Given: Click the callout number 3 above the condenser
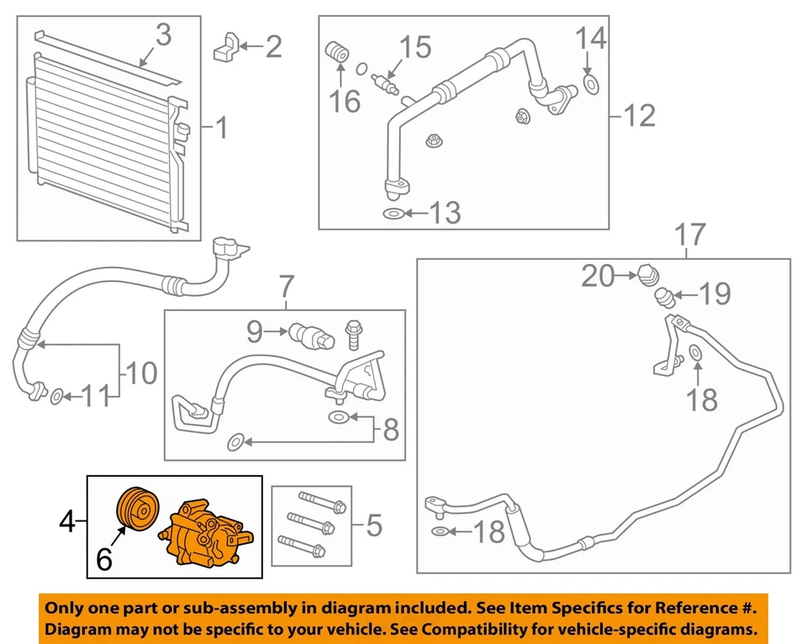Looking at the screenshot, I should coord(162,35).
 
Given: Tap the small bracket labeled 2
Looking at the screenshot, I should coord(226,47).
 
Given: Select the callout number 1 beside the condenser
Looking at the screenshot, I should coord(220,129).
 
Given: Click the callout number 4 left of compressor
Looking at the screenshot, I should coord(68,525).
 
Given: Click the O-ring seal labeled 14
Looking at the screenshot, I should coord(589,83).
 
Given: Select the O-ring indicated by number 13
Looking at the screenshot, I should coord(393,214).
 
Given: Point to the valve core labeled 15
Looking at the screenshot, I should coord(385,82).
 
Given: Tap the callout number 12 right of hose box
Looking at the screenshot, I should coord(640,114).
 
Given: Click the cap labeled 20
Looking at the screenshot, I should coord(648,274).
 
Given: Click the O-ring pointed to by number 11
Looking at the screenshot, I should coord(55,396).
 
